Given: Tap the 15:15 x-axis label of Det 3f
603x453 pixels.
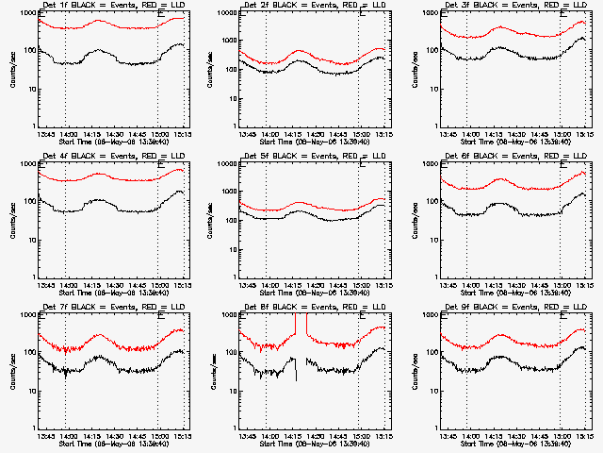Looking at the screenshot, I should click(584, 134).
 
